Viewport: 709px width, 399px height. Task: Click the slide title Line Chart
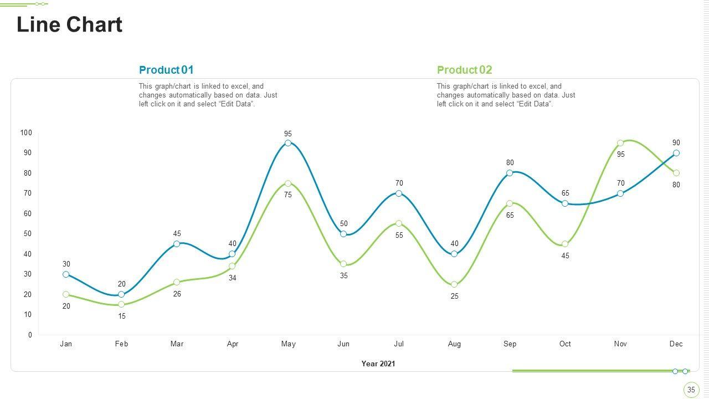coord(69,25)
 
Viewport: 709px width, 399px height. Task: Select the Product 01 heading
coord(166,70)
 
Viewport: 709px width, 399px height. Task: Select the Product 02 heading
coord(464,70)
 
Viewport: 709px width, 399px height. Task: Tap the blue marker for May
coord(288,143)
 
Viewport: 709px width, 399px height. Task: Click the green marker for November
coord(620,143)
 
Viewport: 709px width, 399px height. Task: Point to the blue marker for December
coord(676,153)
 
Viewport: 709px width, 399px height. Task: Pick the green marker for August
coord(454,284)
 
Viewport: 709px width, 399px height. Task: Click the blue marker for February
coord(121,294)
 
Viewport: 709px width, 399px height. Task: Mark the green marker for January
coord(66,294)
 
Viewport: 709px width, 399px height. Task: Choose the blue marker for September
coord(510,173)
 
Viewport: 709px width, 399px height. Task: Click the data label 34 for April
coord(233,278)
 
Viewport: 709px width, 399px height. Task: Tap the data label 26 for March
coord(177,294)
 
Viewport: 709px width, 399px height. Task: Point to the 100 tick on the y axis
coord(26,132)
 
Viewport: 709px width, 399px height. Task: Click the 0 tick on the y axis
coord(30,335)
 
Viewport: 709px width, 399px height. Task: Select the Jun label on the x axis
coord(343,344)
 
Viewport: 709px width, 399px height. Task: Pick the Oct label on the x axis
coord(565,344)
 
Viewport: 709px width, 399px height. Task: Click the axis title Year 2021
coord(378,364)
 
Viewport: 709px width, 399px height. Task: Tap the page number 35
coord(691,390)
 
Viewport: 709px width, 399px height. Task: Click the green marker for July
coord(399,223)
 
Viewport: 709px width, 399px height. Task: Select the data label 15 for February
coord(122,316)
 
